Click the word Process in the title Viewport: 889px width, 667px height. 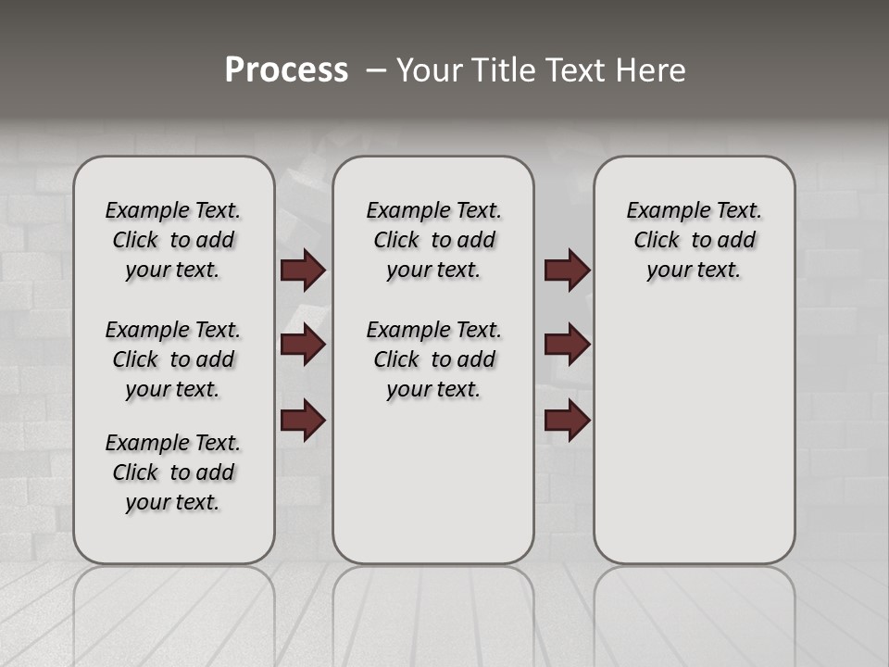click(286, 69)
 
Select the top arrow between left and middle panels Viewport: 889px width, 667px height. click(303, 270)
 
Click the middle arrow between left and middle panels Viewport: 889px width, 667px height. click(303, 345)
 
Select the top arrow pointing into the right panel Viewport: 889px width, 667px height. click(567, 270)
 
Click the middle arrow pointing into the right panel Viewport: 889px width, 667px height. click(567, 345)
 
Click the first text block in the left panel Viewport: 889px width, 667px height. click(173, 240)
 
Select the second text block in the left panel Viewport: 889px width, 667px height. click(173, 359)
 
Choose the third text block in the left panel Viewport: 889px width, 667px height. click(173, 472)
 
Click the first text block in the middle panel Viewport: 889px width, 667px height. click(434, 240)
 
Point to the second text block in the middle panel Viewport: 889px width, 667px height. click(434, 359)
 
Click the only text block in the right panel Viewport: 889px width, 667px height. click(695, 240)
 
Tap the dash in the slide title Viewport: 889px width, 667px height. click(376, 70)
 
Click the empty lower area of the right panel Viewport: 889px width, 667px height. click(695, 445)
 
